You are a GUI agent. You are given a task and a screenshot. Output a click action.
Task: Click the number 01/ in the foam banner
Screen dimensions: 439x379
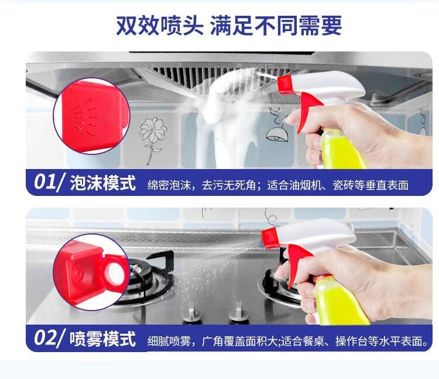50,182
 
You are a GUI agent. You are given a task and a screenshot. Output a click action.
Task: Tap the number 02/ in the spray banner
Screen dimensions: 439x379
50,338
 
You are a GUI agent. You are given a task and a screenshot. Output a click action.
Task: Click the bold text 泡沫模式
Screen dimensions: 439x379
103,183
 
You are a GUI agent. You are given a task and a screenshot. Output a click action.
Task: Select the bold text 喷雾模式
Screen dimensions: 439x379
103,339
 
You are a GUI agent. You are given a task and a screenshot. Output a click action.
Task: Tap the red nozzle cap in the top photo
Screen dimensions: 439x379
285,84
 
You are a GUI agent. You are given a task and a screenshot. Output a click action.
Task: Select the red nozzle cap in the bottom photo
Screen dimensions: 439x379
271,238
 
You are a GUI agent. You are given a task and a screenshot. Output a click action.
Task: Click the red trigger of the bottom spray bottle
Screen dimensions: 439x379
297,263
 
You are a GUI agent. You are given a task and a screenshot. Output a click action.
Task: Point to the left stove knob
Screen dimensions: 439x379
192,312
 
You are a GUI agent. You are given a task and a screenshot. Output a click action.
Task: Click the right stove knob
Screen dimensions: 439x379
239,311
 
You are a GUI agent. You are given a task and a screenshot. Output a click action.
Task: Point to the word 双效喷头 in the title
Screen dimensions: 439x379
160,26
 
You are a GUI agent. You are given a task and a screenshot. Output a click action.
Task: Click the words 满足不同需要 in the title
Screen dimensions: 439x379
276,26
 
